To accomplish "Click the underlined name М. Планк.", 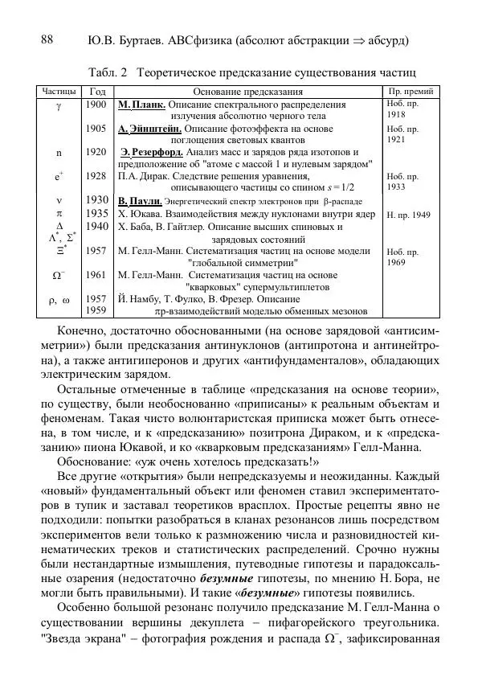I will tap(141, 105).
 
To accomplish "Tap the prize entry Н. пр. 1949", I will tap(409, 215).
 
